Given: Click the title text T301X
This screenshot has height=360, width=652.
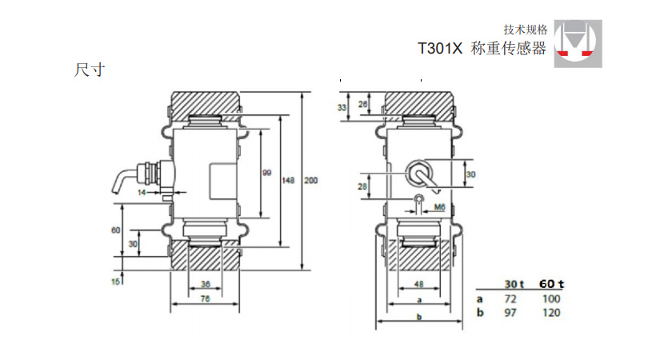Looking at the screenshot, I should [x=440, y=49].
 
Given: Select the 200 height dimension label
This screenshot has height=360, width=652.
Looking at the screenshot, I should [x=310, y=181].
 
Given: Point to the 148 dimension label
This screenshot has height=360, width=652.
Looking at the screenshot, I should [x=289, y=181].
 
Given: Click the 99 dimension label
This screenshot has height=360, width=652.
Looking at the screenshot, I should [x=267, y=172].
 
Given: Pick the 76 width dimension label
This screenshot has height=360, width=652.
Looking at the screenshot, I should [x=205, y=299].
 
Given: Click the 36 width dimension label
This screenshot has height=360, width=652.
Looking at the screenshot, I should [x=205, y=284].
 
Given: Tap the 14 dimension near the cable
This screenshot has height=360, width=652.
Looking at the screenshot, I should [x=141, y=193].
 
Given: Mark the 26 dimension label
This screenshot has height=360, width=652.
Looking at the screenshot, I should [x=363, y=104].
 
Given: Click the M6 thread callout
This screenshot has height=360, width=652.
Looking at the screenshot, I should [x=438, y=207].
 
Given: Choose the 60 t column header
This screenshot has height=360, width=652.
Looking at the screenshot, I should [x=550, y=284].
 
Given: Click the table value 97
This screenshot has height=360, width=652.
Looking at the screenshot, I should [x=511, y=312].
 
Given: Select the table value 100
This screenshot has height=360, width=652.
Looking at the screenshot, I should [x=550, y=298].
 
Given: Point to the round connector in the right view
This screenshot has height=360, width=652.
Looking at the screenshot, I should [x=419, y=171].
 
